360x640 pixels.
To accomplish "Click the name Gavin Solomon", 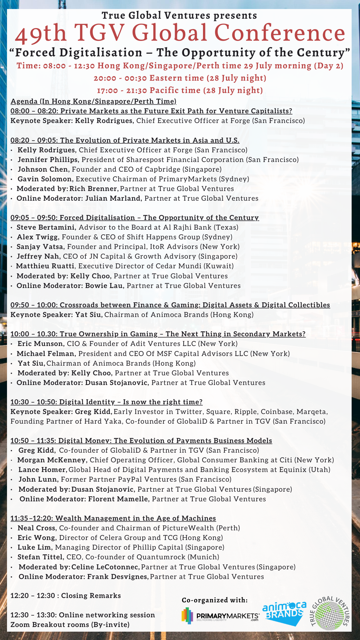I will [x=45, y=179].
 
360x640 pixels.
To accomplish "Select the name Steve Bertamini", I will [x=46, y=227].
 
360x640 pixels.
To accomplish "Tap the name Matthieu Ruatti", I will [x=45, y=266].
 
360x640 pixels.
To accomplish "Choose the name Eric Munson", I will [x=40, y=344].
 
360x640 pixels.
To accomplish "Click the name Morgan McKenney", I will [x=52, y=460].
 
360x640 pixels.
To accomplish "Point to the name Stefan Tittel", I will [x=40, y=557].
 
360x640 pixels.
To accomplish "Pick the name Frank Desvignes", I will [x=118, y=577].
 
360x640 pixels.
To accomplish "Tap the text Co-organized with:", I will [x=215, y=600].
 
